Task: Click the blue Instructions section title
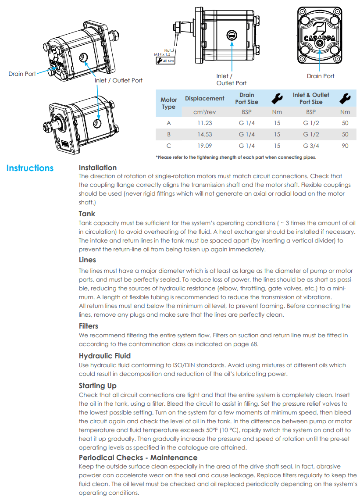[30, 168]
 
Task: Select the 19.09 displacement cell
[204, 146]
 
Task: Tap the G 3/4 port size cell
[310, 146]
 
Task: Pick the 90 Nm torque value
[345, 146]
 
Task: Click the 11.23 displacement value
[204, 123]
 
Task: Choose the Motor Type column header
[169, 103]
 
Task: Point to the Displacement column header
[204, 98]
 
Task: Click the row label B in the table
[169, 134]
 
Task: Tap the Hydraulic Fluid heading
[104, 356]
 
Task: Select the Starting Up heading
[97, 386]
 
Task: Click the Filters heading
[88, 326]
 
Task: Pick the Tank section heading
[87, 214]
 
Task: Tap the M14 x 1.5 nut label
[162, 54]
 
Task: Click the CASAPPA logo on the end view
[320, 38]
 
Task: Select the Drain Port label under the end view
[321, 76]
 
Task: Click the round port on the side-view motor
[231, 36]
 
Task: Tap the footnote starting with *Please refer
[235, 157]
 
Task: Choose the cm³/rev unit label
[204, 112]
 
